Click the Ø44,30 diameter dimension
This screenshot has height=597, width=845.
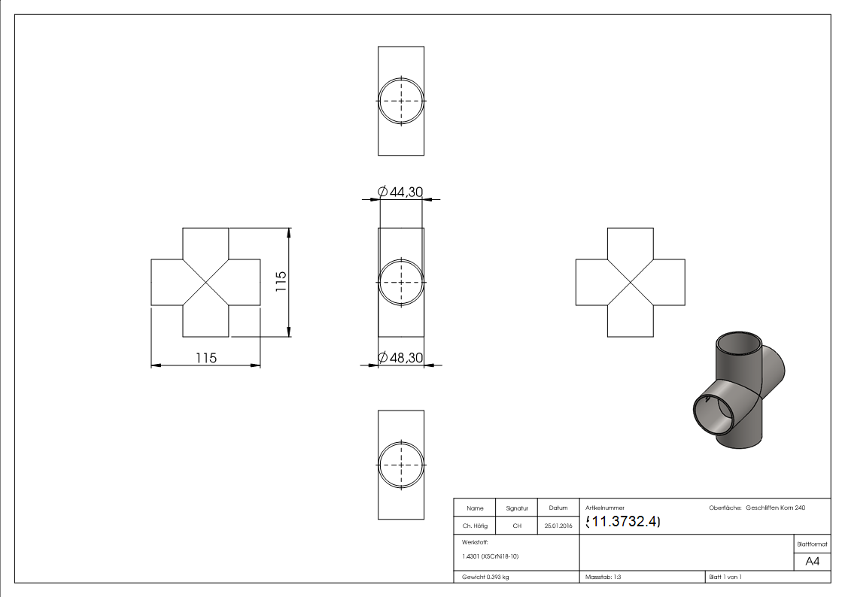pyautogui.click(x=400, y=192)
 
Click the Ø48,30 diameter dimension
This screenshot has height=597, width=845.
pyautogui.click(x=400, y=357)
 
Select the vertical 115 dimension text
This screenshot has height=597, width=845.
pyautogui.click(x=281, y=281)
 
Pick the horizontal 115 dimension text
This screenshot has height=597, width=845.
pyautogui.click(x=206, y=358)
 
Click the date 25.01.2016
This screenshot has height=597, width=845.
pyautogui.click(x=558, y=526)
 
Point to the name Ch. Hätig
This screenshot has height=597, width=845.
pyautogui.click(x=475, y=526)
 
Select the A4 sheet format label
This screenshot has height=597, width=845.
pyautogui.click(x=812, y=562)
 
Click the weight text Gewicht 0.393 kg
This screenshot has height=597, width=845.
pyautogui.click(x=485, y=577)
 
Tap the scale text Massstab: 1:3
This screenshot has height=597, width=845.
pyautogui.click(x=603, y=577)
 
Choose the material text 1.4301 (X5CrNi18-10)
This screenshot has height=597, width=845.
pyautogui.click(x=490, y=556)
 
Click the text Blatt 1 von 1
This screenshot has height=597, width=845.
pyautogui.click(x=725, y=577)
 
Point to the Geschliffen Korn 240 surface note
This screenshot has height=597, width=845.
pyautogui.click(x=776, y=508)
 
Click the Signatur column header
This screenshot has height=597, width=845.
pyautogui.click(x=517, y=508)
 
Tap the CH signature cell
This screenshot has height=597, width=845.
pyautogui.click(x=517, y=526)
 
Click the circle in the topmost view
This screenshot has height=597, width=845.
pyautogui.click(x=401, y=78)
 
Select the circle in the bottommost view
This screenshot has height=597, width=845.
pyautogui.click(x=401, y=442)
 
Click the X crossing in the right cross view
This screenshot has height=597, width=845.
pyautogui.click(x=631, y=283)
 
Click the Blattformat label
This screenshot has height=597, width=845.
pyautogui.click(x=812, y=544)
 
